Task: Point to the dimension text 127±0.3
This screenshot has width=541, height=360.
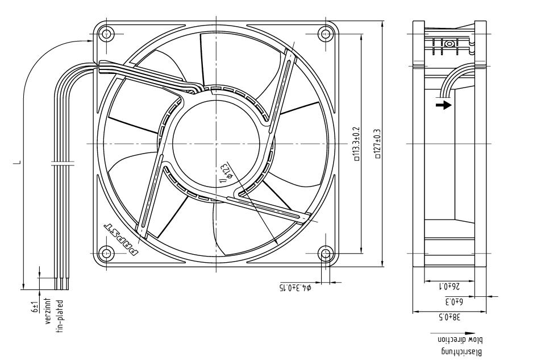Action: pyautogui.click(x=378, y=144)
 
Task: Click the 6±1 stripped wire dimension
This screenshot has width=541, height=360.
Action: pyautogui.click(x=35, y=310)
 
